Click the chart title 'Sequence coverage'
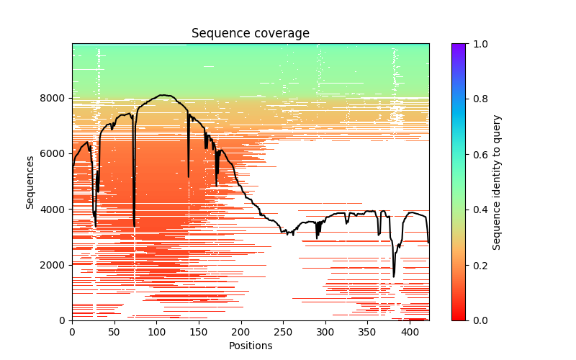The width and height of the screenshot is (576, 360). [250, 34]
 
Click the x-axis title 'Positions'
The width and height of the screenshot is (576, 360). [250, 346]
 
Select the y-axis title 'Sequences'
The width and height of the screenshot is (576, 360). [30, 181]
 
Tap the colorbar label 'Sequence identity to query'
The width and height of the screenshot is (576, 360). [497, 181]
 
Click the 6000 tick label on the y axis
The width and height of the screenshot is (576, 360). [56, 154]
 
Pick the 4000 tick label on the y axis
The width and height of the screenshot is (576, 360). [56, 210]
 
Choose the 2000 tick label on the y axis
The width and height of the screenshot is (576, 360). [56, 265]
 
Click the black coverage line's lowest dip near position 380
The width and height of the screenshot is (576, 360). [394, 276]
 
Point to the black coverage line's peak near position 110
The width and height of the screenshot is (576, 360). [163, 95]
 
